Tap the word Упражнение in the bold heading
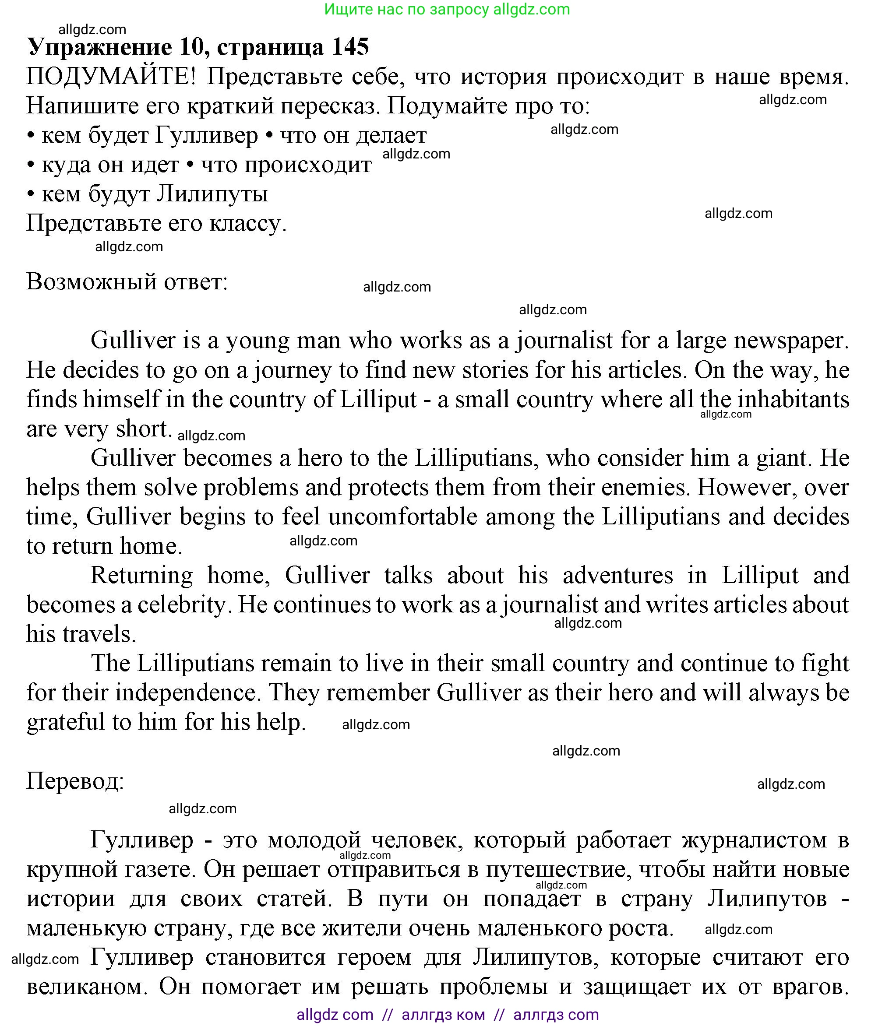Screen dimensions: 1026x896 [x=99, y=47]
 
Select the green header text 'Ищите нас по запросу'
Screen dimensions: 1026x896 [x=406, y=9]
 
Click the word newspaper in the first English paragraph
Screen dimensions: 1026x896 [x=791, y=341]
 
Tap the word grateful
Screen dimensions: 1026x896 [x=65, y=723]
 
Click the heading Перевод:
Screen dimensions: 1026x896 [x=75, y=782]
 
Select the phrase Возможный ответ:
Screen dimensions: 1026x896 [x=127, y=282]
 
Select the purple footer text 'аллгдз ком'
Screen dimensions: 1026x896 [x=443, y=1015]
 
